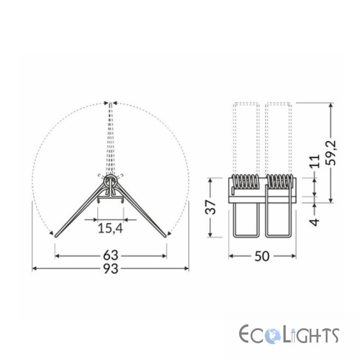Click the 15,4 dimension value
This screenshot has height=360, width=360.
tap(110, 228)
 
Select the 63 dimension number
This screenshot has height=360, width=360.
tap(111, 255)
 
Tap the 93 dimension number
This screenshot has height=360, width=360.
tap(111, 268)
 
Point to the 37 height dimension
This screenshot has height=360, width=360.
tap(210, 207)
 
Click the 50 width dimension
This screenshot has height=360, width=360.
tap(262, 256)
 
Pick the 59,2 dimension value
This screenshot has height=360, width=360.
tap(331, 153)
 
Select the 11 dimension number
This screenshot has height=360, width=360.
tap(315, 162)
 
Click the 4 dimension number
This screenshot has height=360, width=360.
tap(314, 222)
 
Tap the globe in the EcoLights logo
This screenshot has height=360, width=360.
tap(273, 336)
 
